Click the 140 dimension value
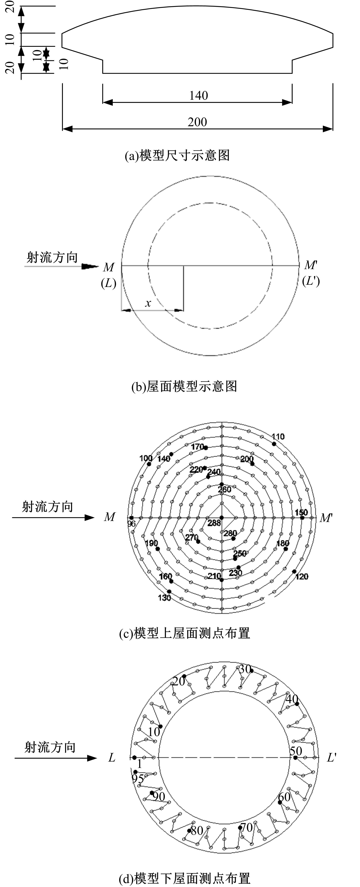199,95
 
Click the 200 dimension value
197,122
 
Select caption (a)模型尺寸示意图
177,156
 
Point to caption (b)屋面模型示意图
184,386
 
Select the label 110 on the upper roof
278,437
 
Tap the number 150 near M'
301,512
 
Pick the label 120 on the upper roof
301,576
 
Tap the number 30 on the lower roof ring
245,669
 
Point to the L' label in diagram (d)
331,758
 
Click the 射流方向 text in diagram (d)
50,747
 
